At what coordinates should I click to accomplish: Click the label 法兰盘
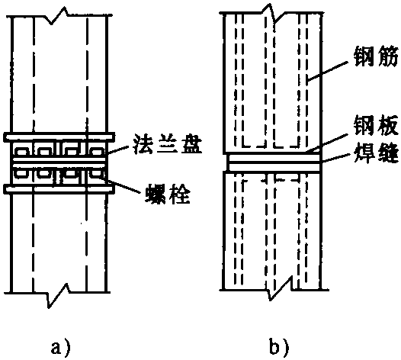168,146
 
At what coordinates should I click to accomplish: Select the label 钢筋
377,57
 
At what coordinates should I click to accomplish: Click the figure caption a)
61,347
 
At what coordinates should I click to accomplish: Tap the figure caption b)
280,347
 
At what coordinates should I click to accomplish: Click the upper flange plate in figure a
59,137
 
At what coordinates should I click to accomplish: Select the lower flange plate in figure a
59,189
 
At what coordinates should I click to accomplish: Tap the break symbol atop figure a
59,15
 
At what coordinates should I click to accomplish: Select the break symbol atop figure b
271,14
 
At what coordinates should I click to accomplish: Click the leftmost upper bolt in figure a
22,152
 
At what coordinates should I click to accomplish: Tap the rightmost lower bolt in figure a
97,174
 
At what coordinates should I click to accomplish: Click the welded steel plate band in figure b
274,162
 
